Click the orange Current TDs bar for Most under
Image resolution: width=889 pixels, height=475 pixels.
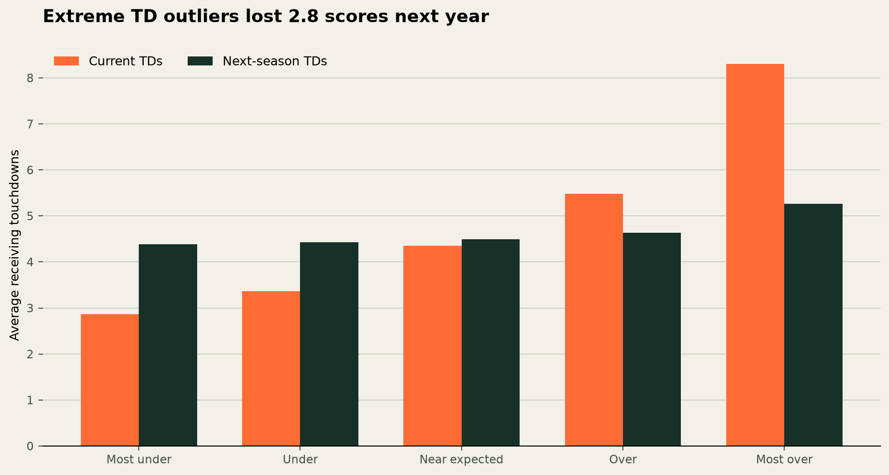[110, 380]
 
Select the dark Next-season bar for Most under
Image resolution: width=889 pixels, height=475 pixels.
[168, 345]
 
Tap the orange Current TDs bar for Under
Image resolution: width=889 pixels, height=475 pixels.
[271, 369]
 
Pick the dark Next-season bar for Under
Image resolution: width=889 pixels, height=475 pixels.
[329, 344]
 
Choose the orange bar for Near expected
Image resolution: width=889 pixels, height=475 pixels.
[432, 346]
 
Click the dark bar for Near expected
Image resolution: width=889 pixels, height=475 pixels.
[491, 343]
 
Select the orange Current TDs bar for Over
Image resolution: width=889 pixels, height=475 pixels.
[594, 320]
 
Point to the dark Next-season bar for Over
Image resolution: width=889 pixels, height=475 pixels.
[652, 339]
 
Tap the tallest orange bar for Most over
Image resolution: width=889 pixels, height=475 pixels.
[755, 255]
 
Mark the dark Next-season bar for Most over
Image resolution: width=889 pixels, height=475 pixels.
[813, 325]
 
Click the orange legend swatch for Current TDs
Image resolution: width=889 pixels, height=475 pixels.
[66, 61]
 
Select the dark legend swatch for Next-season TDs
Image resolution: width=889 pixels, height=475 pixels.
[200, 61]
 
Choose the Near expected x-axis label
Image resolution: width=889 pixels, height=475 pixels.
[461, 460]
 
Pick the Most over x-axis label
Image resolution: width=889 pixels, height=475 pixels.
[784, 460]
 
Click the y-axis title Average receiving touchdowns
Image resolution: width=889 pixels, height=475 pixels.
[15, 245]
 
